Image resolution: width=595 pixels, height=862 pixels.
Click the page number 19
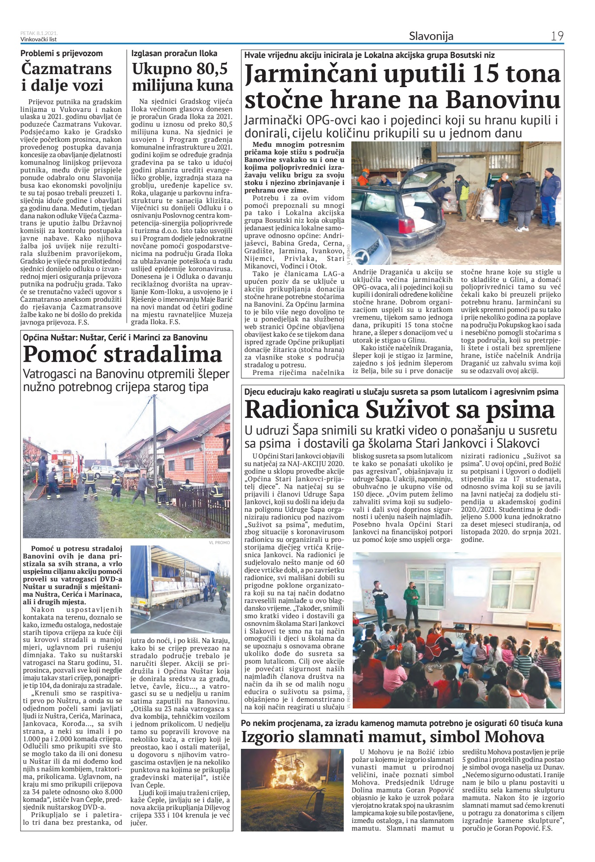tap(557, 36)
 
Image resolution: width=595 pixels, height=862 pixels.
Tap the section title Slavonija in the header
tap(431, 36)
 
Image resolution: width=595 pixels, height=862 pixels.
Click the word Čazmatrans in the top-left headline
tap(66, 69)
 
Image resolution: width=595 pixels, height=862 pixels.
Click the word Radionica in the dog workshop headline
tap(302, 409)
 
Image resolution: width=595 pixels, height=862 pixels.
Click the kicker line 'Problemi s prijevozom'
tap(61, 53)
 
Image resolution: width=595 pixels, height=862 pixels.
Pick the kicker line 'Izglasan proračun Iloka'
tap(174, 53)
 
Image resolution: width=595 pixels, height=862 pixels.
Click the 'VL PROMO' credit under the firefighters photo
tap(219, 542)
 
